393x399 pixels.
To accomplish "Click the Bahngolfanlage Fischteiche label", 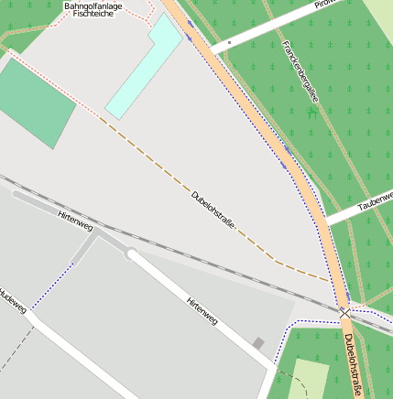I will (93, 10).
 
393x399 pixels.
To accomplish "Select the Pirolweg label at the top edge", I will (325, 4).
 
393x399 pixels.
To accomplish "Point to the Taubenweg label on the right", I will (376, 202).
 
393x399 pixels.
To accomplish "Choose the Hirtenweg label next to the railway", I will (75, 220).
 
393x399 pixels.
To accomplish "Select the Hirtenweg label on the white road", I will (202, 312).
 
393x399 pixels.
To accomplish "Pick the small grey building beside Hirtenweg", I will (258, 343).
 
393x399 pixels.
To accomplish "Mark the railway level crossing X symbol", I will (344, 313).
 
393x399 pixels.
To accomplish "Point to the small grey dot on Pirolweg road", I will (229, 42).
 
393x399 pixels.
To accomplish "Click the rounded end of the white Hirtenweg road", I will (133, 254).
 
